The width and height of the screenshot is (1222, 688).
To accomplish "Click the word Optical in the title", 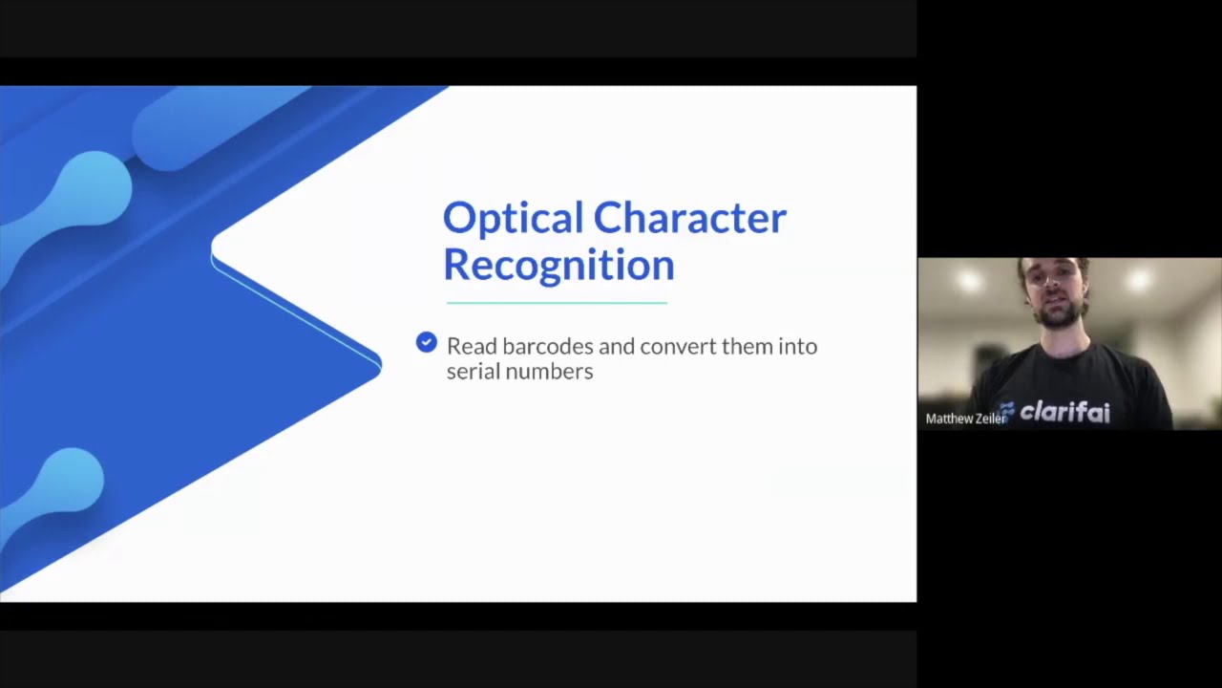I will [513, 219].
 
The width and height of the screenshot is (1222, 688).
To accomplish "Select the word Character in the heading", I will [689, 219].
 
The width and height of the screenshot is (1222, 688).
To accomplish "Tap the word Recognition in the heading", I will [558, 265].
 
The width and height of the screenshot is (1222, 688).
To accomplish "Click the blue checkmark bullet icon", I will [427, 342].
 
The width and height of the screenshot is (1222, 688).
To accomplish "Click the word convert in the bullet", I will [678, 346].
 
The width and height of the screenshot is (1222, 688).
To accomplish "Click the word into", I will [798, 346].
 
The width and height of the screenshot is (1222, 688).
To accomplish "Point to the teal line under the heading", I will [557, 303].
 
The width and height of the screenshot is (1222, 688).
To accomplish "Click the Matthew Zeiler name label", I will [965, 419].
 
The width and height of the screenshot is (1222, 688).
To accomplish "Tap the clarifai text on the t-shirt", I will [1064, 413].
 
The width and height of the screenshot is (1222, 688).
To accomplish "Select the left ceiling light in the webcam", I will [971, 280].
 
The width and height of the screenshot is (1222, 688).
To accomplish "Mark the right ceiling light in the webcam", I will [1138, 279].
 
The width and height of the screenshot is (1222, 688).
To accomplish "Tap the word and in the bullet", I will [617, 346].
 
